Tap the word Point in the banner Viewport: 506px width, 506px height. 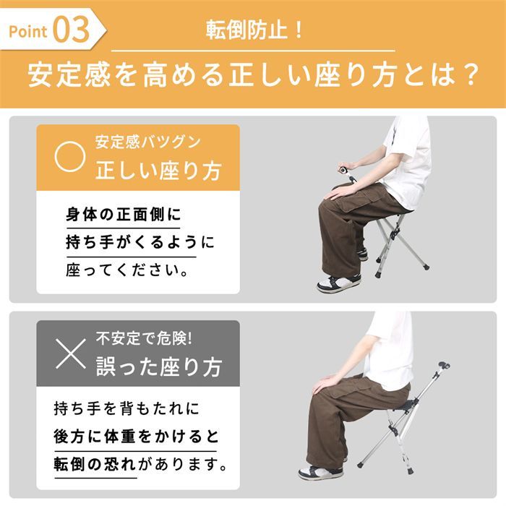coord(29,32)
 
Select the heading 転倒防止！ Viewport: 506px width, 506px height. coord(253,32)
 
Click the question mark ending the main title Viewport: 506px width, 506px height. coord(470,75)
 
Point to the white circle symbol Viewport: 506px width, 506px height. coord(71,156)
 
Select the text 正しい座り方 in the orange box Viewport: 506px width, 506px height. coord(158,171)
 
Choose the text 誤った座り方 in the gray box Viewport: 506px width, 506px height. coord(158,366)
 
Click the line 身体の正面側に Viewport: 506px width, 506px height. coord(124,215)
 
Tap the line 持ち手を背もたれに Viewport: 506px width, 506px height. coord(125,409)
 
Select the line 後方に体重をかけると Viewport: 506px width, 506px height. coord(136,437)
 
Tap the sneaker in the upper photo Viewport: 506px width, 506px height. coord(338,283)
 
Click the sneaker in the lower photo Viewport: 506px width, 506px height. coord(320,473)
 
